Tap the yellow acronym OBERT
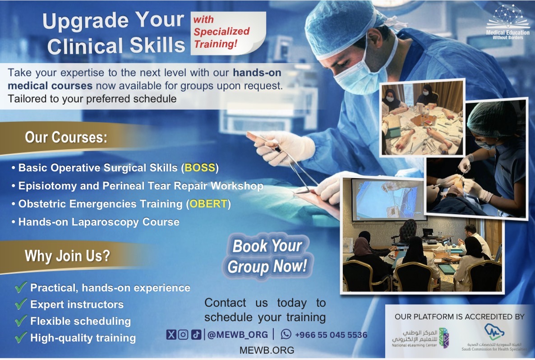pyautogui.click(x=208, y=204)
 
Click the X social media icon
pyautogui.click(x=171, y=334)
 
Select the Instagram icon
pyautogui.click(x=183, y=334)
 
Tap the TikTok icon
pyautogui.click(x=196, y=334)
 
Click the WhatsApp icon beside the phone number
pyautogui.click(x=286, y=334)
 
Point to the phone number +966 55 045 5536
pyautogui.click(x=331, y=335)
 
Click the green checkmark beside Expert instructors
pyautogui.click(x=21, y=304)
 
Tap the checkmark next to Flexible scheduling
pyautogui.click(x=21, y=321)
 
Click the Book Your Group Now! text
pyautogui.click(x=267, y=256)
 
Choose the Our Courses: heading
pyautogui.click(x=66, y=137)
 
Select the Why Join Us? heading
pyautogui.click(x=67, y=256)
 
